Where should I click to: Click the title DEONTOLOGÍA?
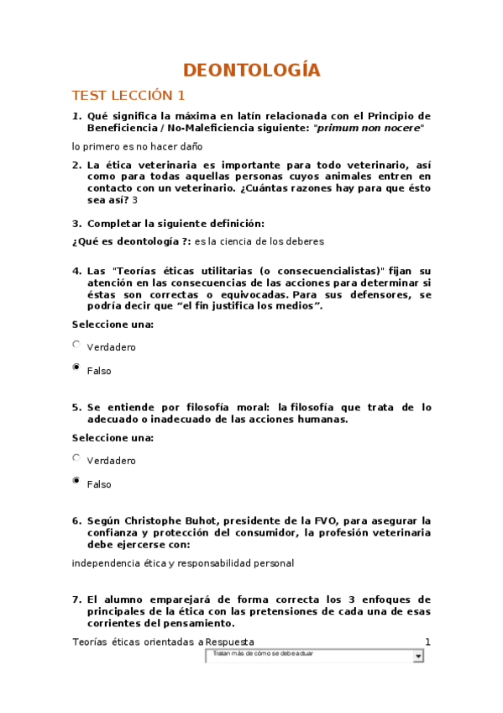point(252,70)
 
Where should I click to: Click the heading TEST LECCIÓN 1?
point(128,95)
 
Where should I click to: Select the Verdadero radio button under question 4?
point(76,344)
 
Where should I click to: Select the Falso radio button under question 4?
point(76,367)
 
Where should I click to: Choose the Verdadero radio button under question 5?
point(76,458)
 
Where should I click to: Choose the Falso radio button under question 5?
point(76,481)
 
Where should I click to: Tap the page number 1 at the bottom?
point(427,642)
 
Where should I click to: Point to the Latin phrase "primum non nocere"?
point(369,128)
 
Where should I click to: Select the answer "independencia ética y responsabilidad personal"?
point(182,563)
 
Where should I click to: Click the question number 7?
point(76,599)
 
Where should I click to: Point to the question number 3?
point(76,224)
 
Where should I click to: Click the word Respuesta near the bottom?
point(249,642)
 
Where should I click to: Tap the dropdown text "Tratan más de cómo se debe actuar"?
point(263,653)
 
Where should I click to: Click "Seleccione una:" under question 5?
point(112,438)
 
